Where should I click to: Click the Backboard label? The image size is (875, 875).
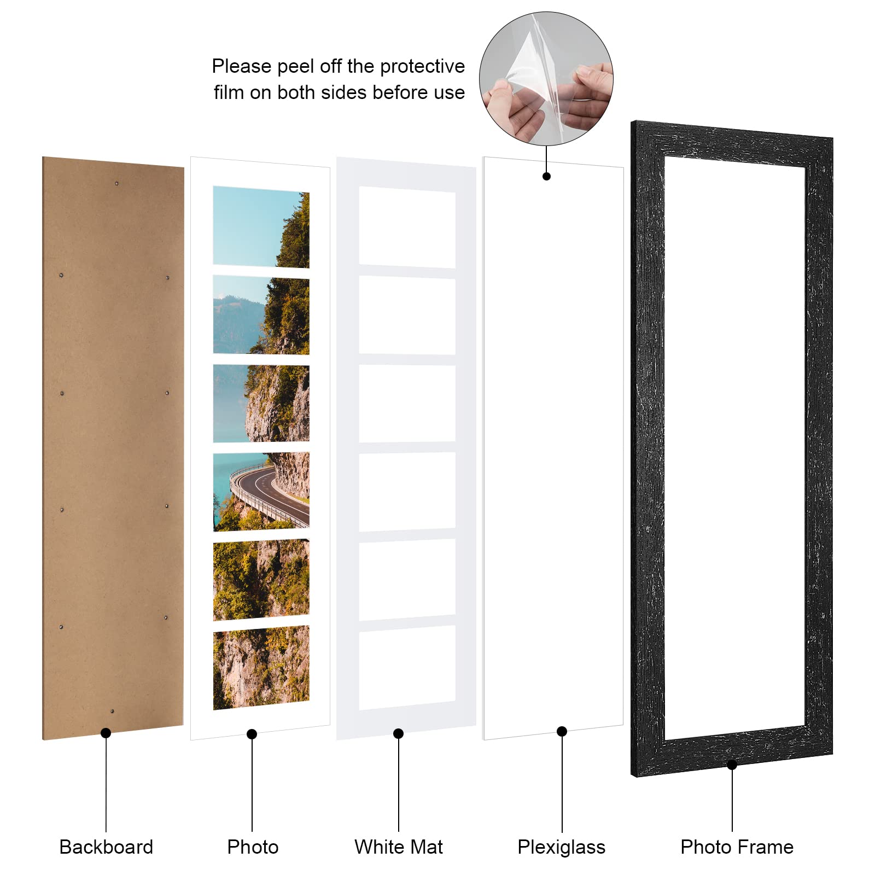pos(106,847)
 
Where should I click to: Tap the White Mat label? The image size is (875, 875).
pos(398,847)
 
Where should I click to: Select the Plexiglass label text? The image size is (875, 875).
pos(561,847)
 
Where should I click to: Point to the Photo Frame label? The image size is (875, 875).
pos(737,847)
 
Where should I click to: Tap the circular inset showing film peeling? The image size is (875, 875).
pos(546,79)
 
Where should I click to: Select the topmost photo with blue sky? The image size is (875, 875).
pos(261,226)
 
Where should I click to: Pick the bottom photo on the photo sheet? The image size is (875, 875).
pos(261,668)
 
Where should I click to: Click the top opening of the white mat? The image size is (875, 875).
pos(407,227)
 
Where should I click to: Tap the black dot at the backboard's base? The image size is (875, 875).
pos(106,733)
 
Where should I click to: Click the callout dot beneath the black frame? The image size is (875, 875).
pos(732,765)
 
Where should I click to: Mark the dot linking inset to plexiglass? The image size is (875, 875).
pos(546,176)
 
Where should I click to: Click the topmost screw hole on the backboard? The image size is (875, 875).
pos(116,183)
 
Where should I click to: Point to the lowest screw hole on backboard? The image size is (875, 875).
pos(112,711)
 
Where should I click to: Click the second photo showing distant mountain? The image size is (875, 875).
pos(261,315)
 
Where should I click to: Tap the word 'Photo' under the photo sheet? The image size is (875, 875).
pos(253,847)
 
